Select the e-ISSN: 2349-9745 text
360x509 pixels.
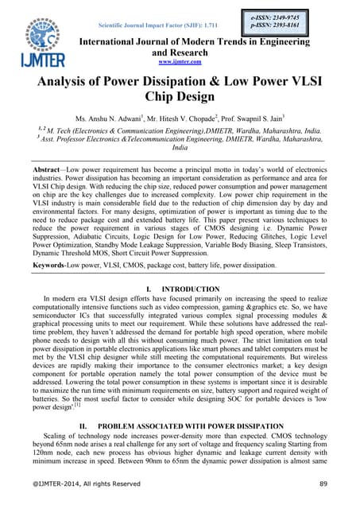[265, 15]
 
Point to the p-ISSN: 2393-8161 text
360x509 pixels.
[265, 25]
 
